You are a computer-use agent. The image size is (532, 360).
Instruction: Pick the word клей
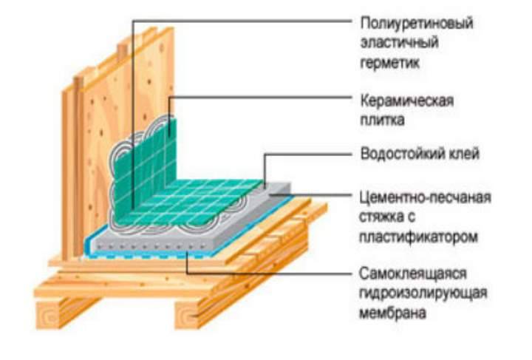click(x=461, y=155)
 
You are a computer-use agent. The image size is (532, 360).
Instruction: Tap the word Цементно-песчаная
click(x=424, y=197)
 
